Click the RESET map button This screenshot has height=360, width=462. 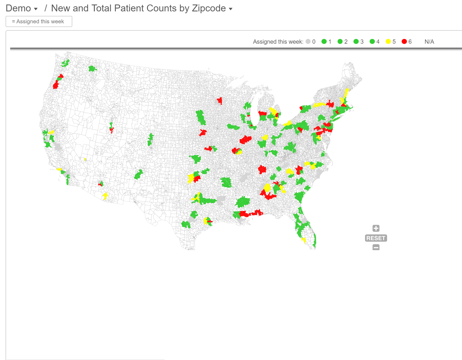(x=376, y=238)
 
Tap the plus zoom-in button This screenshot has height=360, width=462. (x=376, y=228)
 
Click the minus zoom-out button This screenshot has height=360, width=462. (x=376, y=247)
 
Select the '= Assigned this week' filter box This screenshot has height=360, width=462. (x=39, y=21)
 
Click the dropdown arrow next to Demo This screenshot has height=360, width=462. (x=36, y=9)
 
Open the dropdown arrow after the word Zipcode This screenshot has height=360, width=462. (x=231, y=9)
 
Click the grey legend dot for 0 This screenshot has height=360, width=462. (x=308, y=42)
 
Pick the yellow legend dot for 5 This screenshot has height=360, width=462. (x=388, y=42)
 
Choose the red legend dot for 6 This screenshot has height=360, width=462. (x=404, y=42)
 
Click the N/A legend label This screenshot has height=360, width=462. (x=429, y=42)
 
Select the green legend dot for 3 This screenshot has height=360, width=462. (x=356, y=42)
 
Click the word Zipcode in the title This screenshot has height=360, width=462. (x=209, y=8)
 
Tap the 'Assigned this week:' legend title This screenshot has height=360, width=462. (x=278, y=42)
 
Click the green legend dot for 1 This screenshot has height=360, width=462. (x=324, y=42)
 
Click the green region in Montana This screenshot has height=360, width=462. (x=92, y=69)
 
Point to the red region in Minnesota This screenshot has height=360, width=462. (x=220, y=101)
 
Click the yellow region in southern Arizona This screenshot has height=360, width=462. (x=105, y=196)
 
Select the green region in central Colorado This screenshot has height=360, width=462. (x=150, y=139)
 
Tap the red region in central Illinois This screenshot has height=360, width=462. (x=246, y=139)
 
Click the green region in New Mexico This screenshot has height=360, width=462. (x=138, y=175)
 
